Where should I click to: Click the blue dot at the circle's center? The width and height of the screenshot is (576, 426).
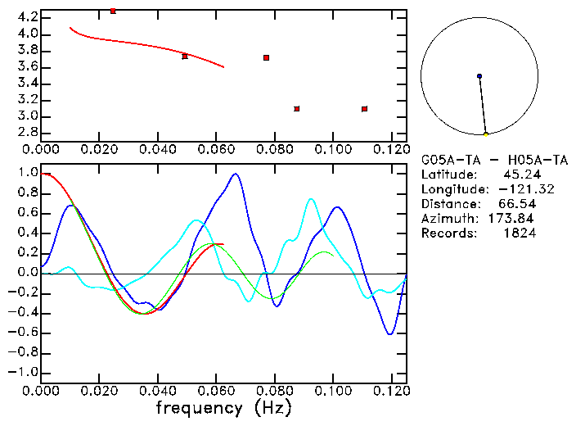[x=479, y=76]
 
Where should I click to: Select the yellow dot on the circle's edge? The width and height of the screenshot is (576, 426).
[x=486, y=134]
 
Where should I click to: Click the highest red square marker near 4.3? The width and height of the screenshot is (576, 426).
[x=113, y=11]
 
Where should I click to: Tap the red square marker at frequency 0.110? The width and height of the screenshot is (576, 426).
[x=364, y=109]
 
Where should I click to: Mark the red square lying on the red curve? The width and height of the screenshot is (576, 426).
[x=185, y=57]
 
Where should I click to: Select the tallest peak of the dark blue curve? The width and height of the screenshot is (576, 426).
[x=236, y=174]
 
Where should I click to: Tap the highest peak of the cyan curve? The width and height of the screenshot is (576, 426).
[x=311, y=199]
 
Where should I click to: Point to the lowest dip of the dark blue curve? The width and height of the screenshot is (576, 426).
[x=390, y=333]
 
